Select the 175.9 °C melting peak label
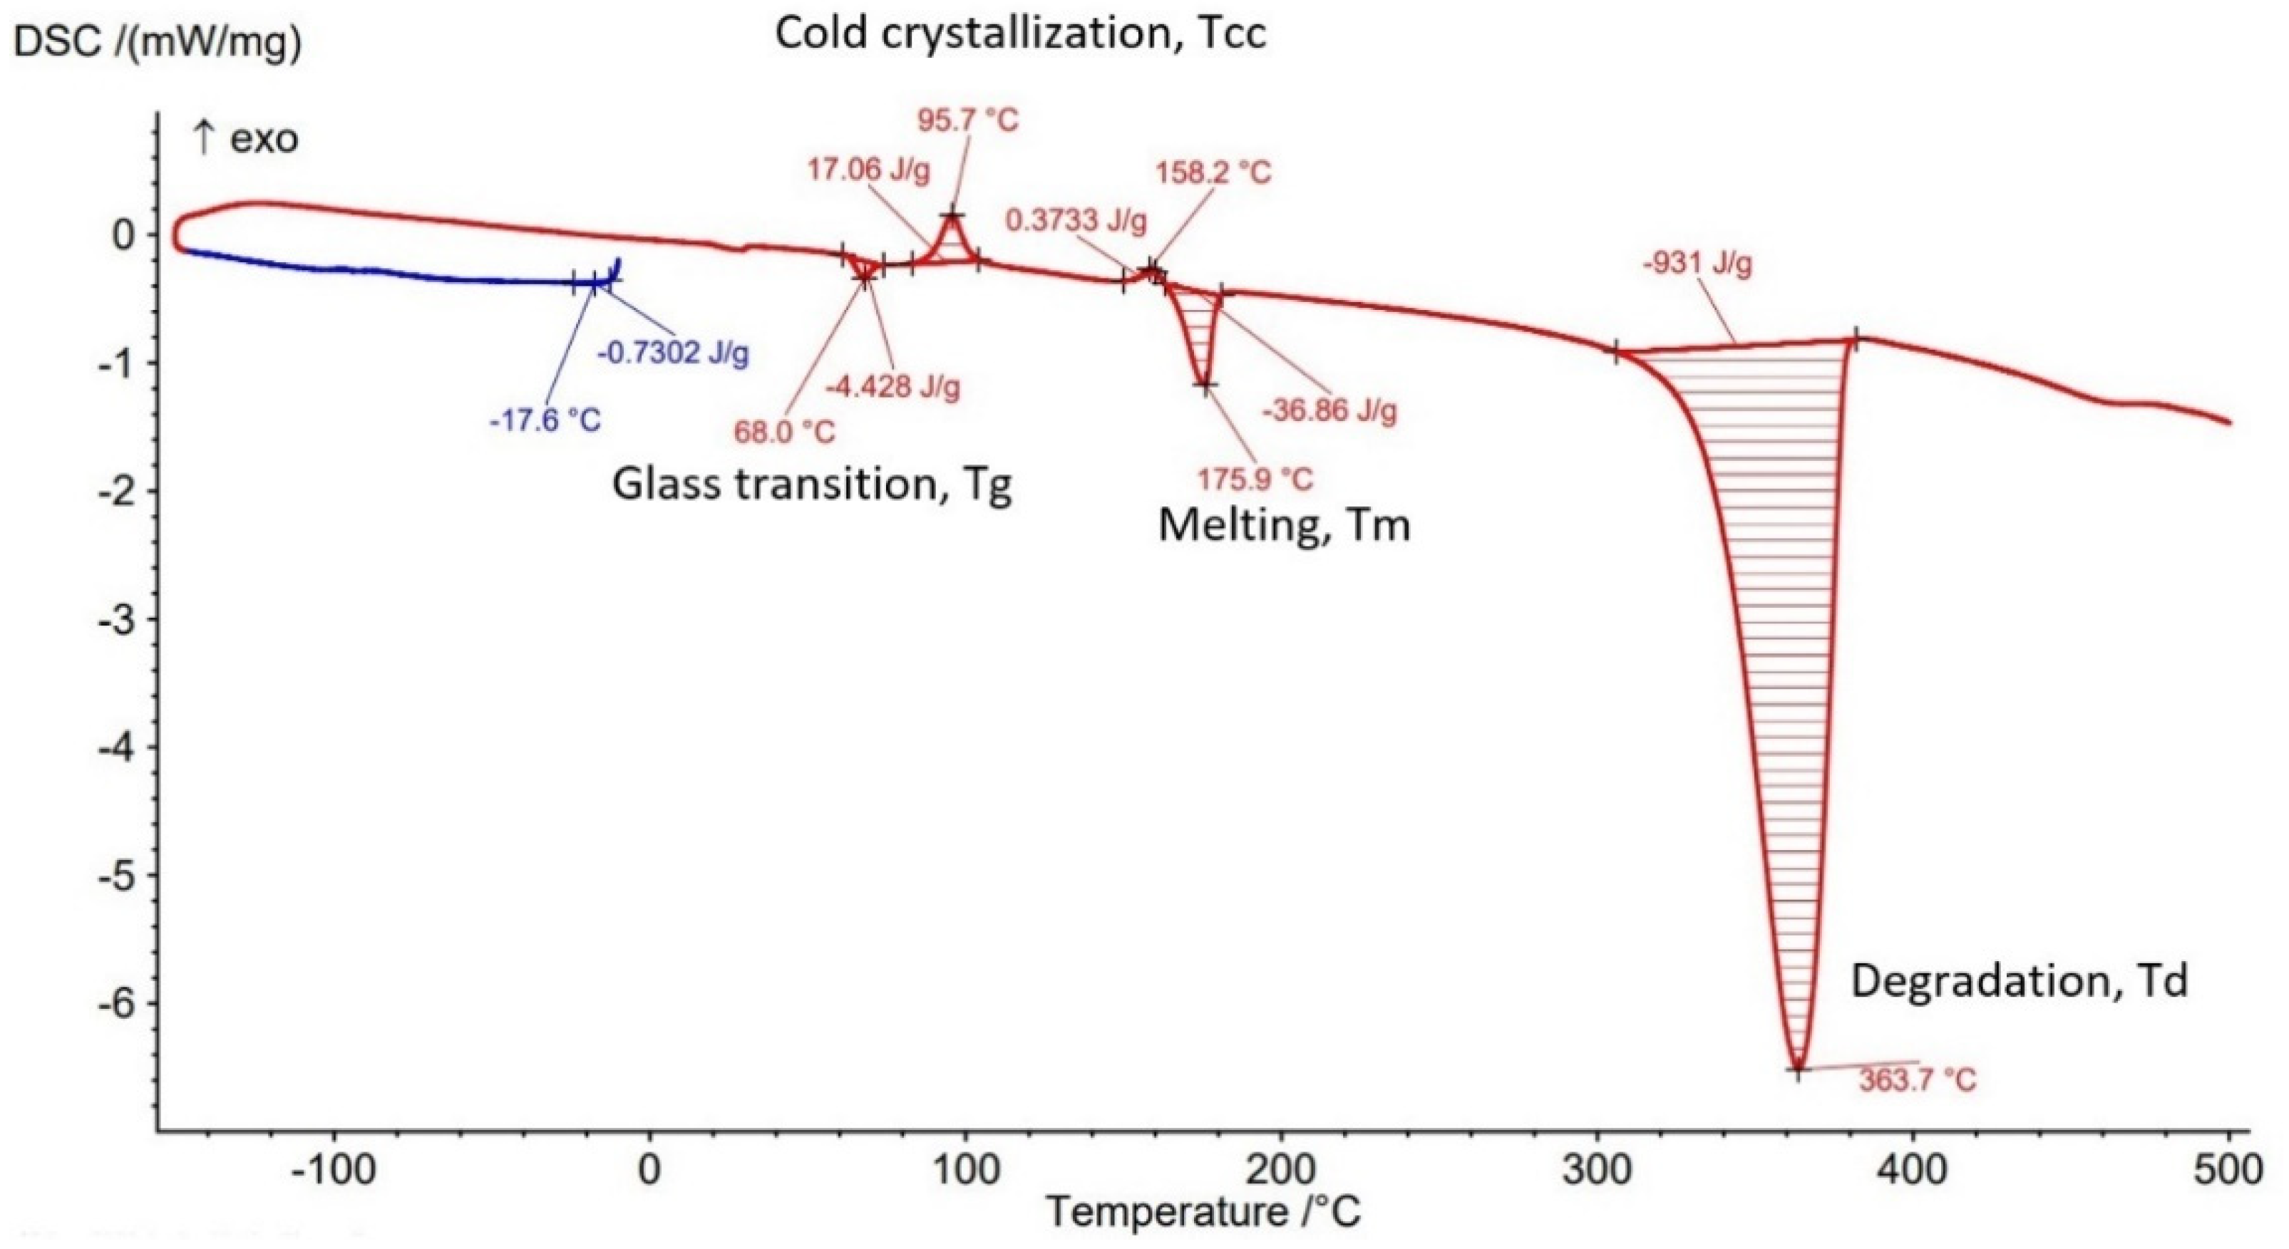tap(1254, 480)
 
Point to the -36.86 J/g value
tap(1329, 410)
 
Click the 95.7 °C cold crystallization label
tap(967, 120)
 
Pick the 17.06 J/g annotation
tap(868, 170)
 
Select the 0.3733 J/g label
tap(1076, 220)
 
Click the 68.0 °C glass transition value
tap(785, 432)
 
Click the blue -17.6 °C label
tap(545, 420)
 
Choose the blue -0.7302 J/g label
tap(673, 353)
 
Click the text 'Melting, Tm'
tap(1284, 526)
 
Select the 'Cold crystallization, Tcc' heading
tap(1020, 33)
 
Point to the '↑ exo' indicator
tap(246, 140)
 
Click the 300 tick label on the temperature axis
tap(1598, 1170)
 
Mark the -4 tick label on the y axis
tap(115, 747)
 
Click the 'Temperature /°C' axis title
tap(1203, 1212)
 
